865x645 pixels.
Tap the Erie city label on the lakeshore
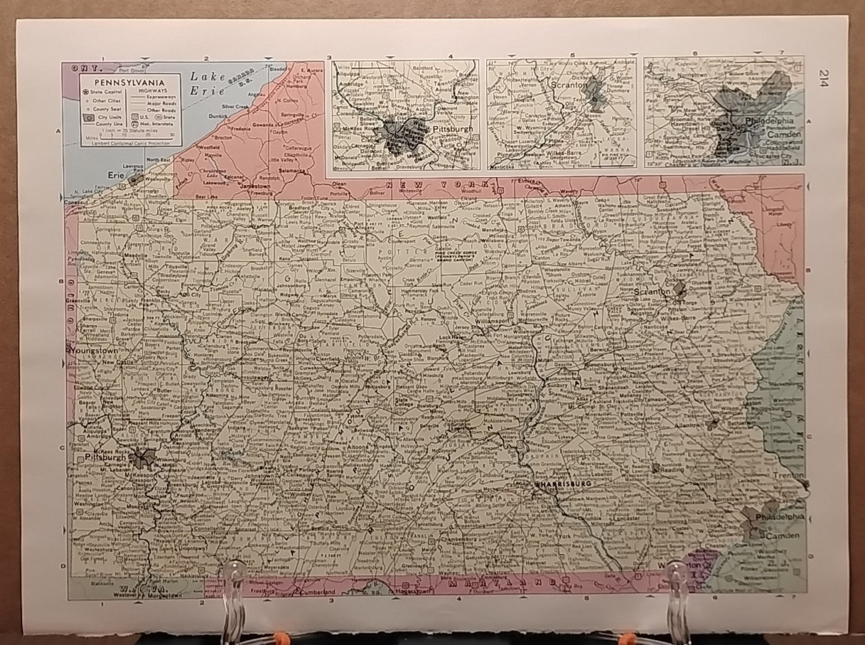(113, 173)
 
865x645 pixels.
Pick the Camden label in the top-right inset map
(783, 134)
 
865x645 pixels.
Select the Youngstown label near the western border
(92, 351)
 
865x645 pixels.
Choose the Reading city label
(671, 469)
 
